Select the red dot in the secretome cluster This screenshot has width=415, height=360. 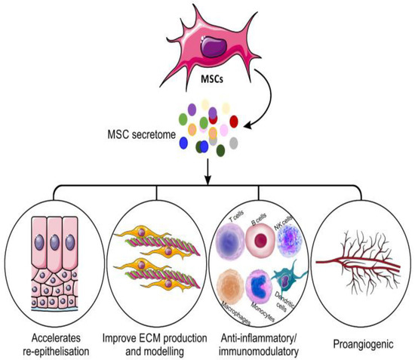pos(234,120)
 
